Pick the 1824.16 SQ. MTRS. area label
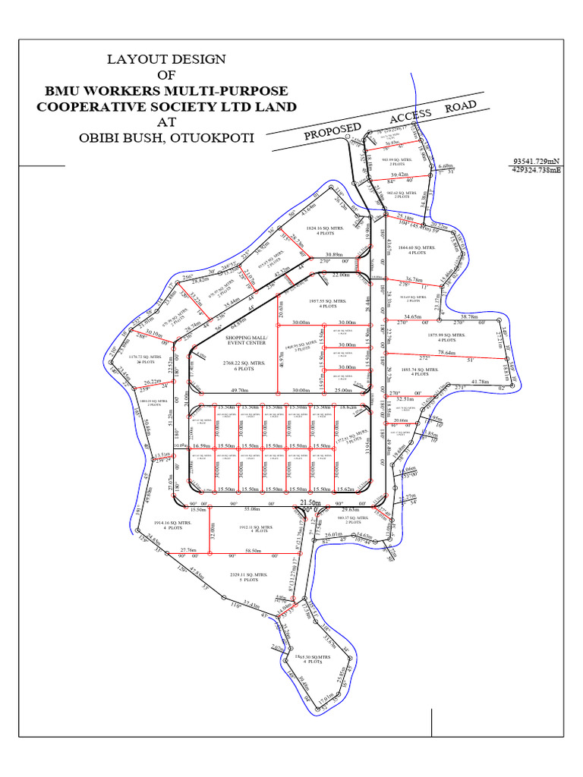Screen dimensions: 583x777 pyautogui.click(x=324, y=227)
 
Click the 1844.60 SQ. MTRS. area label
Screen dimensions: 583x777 pyautogui.click(x=417, y=247)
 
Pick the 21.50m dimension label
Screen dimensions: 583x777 pyautogui.click(x=310, y=502)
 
